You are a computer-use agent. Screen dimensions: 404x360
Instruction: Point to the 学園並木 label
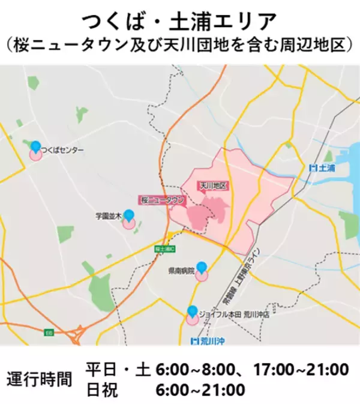coord(109,215)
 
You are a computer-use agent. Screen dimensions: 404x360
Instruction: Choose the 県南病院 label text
coord(181,271)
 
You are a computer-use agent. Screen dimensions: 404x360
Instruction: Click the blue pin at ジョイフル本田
coord(192,312)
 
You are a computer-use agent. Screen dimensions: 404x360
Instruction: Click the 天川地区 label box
coord(213,186)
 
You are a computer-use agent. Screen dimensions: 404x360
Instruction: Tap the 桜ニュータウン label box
coord(161,200)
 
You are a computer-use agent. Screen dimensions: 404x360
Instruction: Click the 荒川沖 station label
coord(203,342)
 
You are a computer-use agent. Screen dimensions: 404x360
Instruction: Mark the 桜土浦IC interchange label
coord(164,248)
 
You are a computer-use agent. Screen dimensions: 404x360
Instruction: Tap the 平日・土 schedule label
coord(118,369)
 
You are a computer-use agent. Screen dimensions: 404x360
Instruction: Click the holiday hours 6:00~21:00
coord(200,390)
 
